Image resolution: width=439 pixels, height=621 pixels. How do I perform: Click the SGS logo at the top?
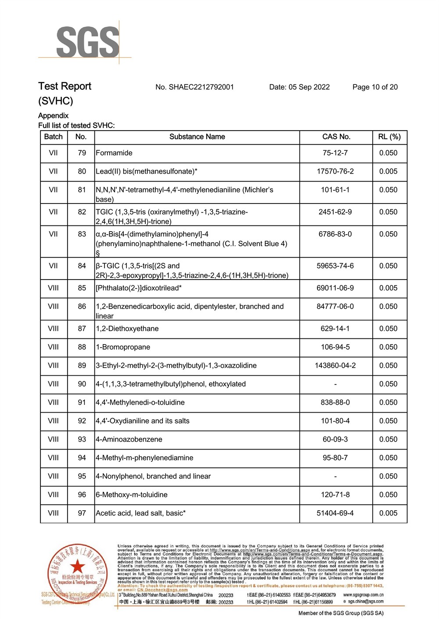pos(88,42)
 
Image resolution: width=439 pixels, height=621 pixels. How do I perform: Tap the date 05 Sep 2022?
pos(309,87)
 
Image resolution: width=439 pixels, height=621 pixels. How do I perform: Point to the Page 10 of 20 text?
pos(375,87)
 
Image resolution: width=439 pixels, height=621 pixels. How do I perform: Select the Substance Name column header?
pos(197,137)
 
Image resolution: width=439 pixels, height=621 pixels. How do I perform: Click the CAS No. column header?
pos(336,137)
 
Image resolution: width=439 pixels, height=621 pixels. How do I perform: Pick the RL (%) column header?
pos(389,137)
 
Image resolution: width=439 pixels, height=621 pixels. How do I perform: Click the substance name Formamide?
pos(114,153)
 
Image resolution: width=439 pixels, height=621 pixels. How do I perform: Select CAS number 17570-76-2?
pos(335,171)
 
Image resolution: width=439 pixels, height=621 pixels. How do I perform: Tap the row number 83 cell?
pos(82,234)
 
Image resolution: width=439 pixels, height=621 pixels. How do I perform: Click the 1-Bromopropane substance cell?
pos(123,347)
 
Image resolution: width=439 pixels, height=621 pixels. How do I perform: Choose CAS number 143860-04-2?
pos(335,366)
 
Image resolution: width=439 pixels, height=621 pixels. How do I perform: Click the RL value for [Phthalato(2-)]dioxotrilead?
pos(389,288)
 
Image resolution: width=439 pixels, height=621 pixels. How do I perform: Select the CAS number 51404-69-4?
pos(335,513)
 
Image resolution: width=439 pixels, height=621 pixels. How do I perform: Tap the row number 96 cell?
pos(82,495)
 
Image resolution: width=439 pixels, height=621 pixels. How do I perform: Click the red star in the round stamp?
pos(78,567)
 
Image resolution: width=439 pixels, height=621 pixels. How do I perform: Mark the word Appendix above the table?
pos(54,116)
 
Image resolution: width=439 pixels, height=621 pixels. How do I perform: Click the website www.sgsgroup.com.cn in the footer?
pos(363,595)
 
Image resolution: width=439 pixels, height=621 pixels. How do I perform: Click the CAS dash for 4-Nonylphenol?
pos(335,476)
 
